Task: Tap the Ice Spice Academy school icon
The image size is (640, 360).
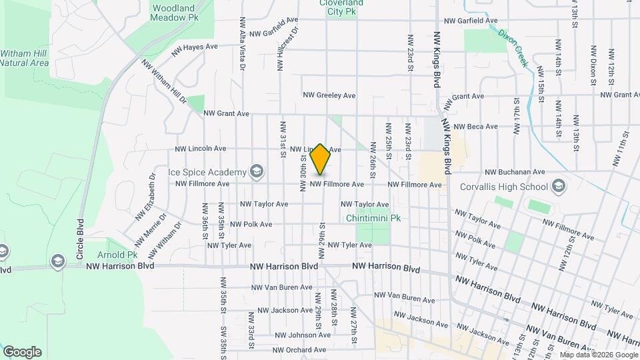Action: (255, 172)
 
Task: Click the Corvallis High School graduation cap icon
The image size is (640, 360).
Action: (558, 186)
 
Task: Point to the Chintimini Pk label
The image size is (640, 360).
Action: (373, 218)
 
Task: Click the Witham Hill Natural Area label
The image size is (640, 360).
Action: (25, 58)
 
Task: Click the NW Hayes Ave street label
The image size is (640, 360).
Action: (195, 48)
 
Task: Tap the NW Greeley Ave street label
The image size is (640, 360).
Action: (329, 95)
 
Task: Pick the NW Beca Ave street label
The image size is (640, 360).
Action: (475, 127)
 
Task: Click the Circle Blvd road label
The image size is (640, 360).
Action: (80, 239)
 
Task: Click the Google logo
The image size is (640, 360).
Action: (22, 352)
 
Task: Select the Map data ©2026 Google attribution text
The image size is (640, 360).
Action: (599, 355)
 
